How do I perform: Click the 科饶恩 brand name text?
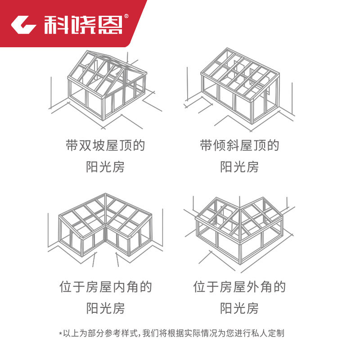tap(83, 25)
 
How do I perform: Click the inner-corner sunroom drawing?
tap(106, 227)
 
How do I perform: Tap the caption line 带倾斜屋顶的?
tap(240, 146)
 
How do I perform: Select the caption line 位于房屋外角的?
tap(240, 287)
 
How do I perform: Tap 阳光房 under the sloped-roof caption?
tap(240, 167)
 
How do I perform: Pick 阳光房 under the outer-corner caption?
tap(240, 308)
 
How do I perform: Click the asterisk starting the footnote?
tap(60, 334)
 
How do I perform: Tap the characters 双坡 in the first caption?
tap(92, 146)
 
